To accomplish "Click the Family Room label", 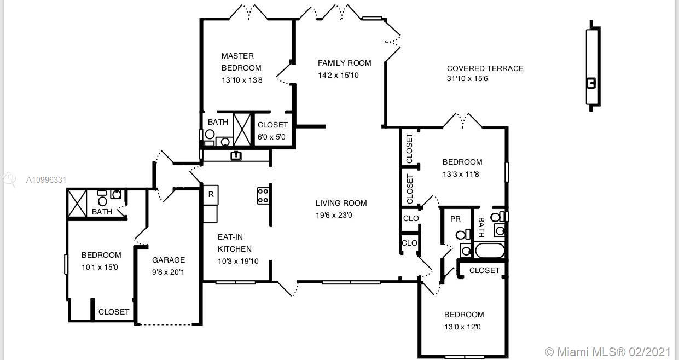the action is click(x=344, y=63).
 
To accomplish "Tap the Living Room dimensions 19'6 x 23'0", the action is click(x=334, y=215).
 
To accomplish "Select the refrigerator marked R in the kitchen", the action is click(x=211, y=195).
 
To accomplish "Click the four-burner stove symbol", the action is click(x=263, y=196).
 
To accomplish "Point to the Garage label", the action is click(x=168, y=260).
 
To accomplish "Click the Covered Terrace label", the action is click(x=485, y=68).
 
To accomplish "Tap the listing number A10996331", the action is click(x=46, y=180).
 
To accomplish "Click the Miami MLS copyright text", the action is click(x=607, y=352).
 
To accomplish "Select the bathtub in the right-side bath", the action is click(x=490, y=251).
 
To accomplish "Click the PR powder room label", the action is click(x=455, y=219).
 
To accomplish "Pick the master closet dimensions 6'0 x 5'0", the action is click(x=271, y=137).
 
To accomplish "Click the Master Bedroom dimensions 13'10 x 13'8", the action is click(x=242, y=80).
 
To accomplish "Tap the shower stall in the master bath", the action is click(x=242, y=130).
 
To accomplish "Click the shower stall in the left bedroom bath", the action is click(x=77, y=204).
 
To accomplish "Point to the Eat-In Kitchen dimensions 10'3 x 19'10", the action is click(x=238, y=261).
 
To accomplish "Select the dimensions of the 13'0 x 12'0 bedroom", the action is click(x=462, y=327).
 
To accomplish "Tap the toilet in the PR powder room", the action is click(x=463, y=235).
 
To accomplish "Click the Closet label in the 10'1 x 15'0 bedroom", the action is click(x=114, y=312).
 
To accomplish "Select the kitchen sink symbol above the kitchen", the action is click(x=236, y=156).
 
